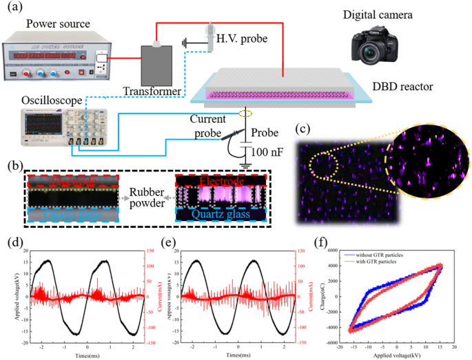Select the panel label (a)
click(x=14, y=10)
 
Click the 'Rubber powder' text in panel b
click(x=150, y=196)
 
